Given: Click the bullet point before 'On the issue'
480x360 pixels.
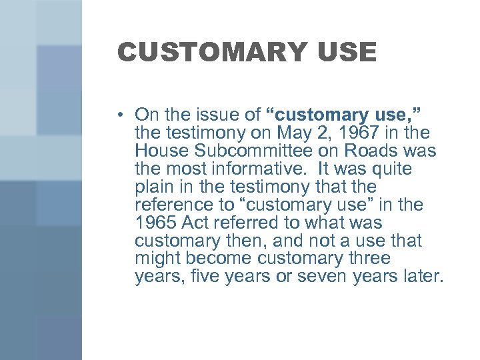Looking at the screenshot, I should click(120, 114).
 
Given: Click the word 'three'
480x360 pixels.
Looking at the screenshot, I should click(366, 258).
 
